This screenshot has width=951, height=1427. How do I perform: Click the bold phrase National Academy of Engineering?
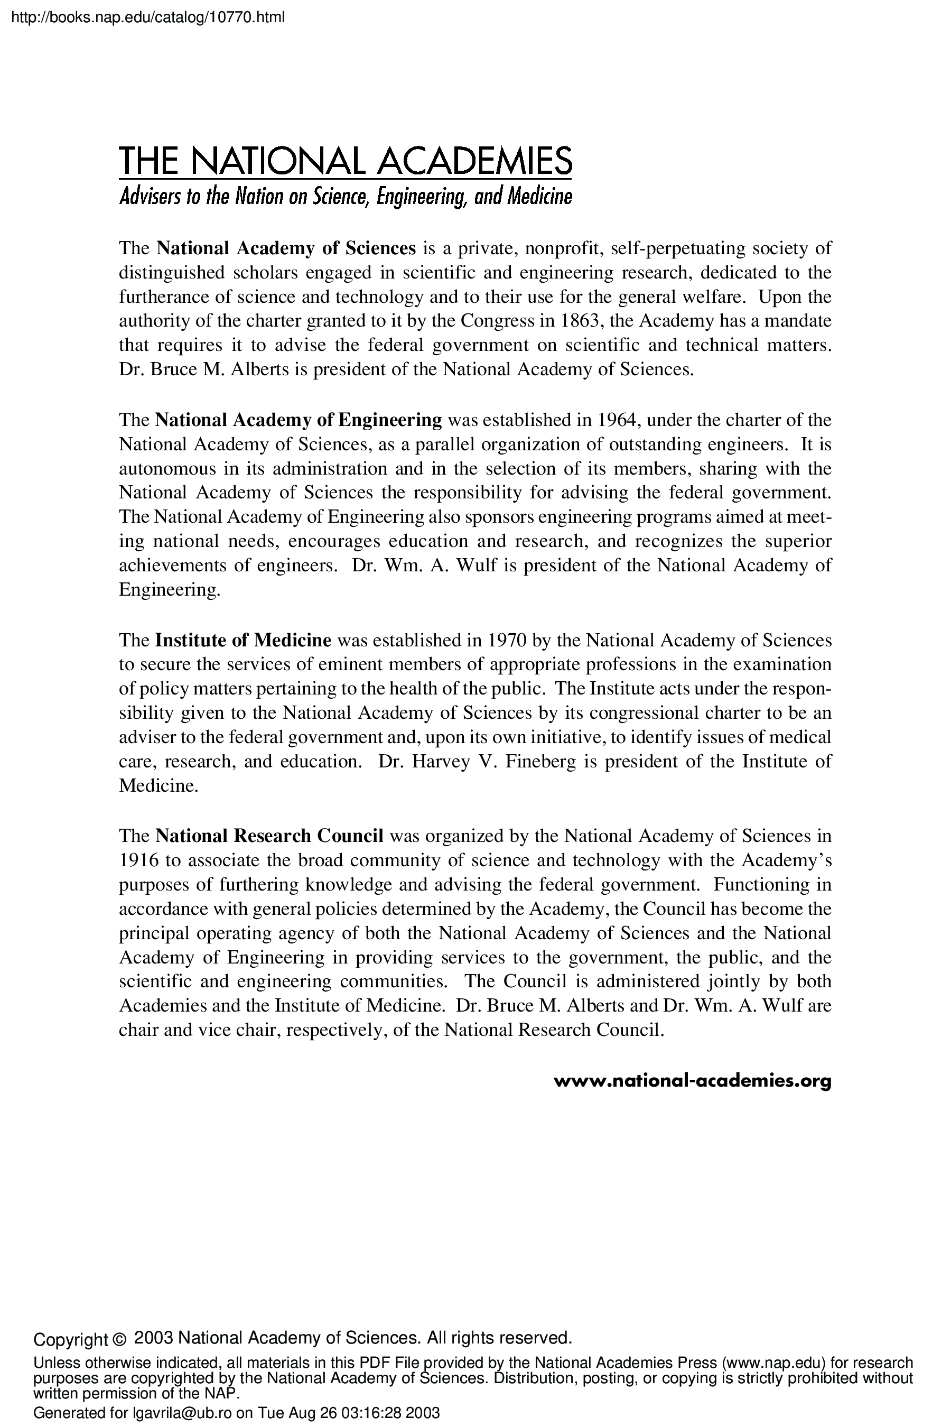coord(299,420)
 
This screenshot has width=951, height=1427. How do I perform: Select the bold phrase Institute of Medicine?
coord(243,640)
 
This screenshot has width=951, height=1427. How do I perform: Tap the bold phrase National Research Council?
coord(269,836)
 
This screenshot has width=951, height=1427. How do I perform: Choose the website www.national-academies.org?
coord(692,1081)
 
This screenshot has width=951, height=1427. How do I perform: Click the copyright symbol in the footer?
coord(119,1338)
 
